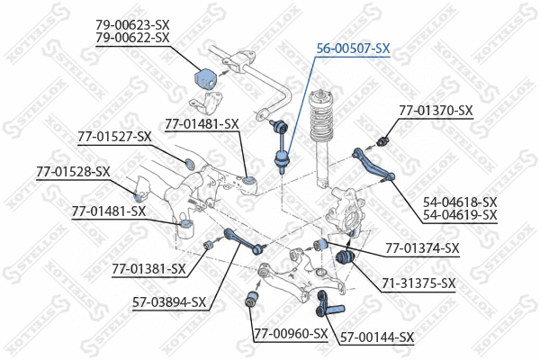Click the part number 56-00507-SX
click(x=352, y=48)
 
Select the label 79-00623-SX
click(x=131, y=24)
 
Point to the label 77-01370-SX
click(x=436, y=111)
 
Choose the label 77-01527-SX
click(x=113, y=137)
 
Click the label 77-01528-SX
click(x=73, y=171)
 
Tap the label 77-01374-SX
click(x=422, y=247)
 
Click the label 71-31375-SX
click(x=418, y=283)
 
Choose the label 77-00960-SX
click(x=289, y=334)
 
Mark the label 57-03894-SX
click(x=169, y=301)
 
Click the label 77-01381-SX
click(x=149, y=268)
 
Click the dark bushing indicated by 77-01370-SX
click(x=384, y=140)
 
